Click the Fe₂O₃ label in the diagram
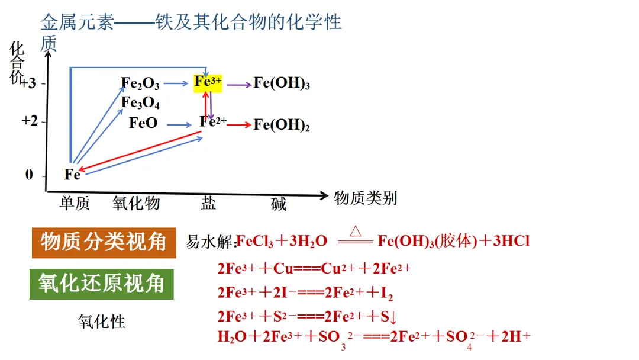coord(140,84)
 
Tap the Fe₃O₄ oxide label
coord(140,103)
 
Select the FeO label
coord(143,124)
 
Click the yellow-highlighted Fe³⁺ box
coord(208,82)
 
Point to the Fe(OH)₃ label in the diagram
coord(282,83)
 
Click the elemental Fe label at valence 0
coord(72,175)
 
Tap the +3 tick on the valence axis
coord(29,83)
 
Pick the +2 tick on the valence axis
coord(30,121)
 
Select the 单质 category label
coord(75,204)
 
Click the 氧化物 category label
coord(136,204)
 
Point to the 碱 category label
coord(279,204)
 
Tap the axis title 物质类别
coord(365,198)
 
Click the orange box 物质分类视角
coord(104,243)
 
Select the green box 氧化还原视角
coord(102,284)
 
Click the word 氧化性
coord(102,322)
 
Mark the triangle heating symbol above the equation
coord(356,230)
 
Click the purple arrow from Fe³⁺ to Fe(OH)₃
coord(239,85)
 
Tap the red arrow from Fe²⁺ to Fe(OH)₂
coord(239,125)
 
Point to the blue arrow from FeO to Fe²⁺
coord(179,125)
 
